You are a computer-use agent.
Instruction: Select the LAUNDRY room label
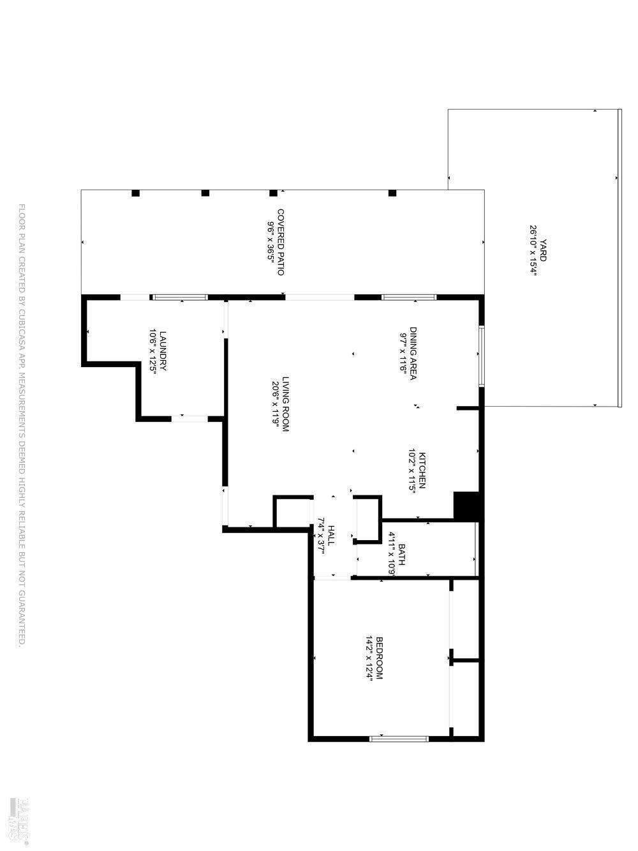pos(163,350)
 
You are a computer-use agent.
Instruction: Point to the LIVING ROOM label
pos(286,403)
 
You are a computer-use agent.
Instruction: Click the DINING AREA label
pos(413,353)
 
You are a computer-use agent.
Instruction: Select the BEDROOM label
pos(379,658)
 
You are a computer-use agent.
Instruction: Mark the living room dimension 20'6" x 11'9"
pos(276,403)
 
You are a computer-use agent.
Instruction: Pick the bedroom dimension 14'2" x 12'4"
pos(369,658)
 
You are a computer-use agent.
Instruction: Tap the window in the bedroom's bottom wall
pos(399,739)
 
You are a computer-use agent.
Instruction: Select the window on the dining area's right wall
pos(482,356)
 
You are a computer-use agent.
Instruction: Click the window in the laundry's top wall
pos(180,297)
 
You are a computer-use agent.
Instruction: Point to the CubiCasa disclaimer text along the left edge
pos(21,426)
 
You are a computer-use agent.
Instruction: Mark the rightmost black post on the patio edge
pos(392,193)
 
